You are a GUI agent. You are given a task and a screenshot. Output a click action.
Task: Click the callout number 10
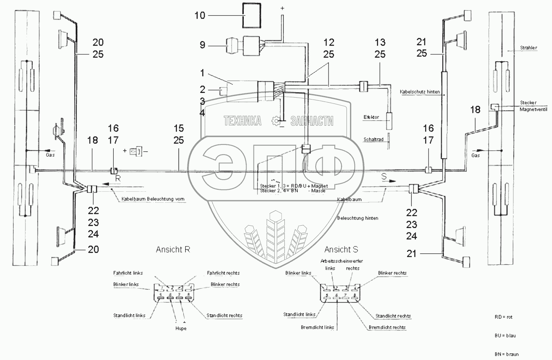coord(200,16)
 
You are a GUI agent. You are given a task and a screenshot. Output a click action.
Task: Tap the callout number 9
coord(202,45)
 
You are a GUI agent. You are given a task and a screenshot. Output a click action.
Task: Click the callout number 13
coord(380,42)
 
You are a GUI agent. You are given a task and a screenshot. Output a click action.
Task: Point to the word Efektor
coord(371,117)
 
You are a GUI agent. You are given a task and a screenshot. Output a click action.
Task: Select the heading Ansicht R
coord(173,249)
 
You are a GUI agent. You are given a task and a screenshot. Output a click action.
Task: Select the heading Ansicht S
coord(341,249)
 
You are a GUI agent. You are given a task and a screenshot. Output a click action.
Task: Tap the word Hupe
coord(180,328)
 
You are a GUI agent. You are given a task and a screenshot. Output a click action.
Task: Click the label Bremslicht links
coord(318,327)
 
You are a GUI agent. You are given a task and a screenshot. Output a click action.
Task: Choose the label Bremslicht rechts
coord(387,327)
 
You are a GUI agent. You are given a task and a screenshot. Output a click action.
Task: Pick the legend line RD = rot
coord(503,317)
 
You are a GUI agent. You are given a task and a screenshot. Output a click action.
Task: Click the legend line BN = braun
coord(506,354)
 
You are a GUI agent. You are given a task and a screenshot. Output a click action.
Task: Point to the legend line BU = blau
coord(505,335)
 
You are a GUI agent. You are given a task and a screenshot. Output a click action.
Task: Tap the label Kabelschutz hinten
coord(420,92)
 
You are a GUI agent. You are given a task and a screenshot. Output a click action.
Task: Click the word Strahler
coord(528,48)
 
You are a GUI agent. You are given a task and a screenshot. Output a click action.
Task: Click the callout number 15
coord(179,128)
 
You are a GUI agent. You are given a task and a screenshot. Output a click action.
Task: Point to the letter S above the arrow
coord(384,177)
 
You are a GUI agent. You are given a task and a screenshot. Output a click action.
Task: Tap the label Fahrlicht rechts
coord(223,273)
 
